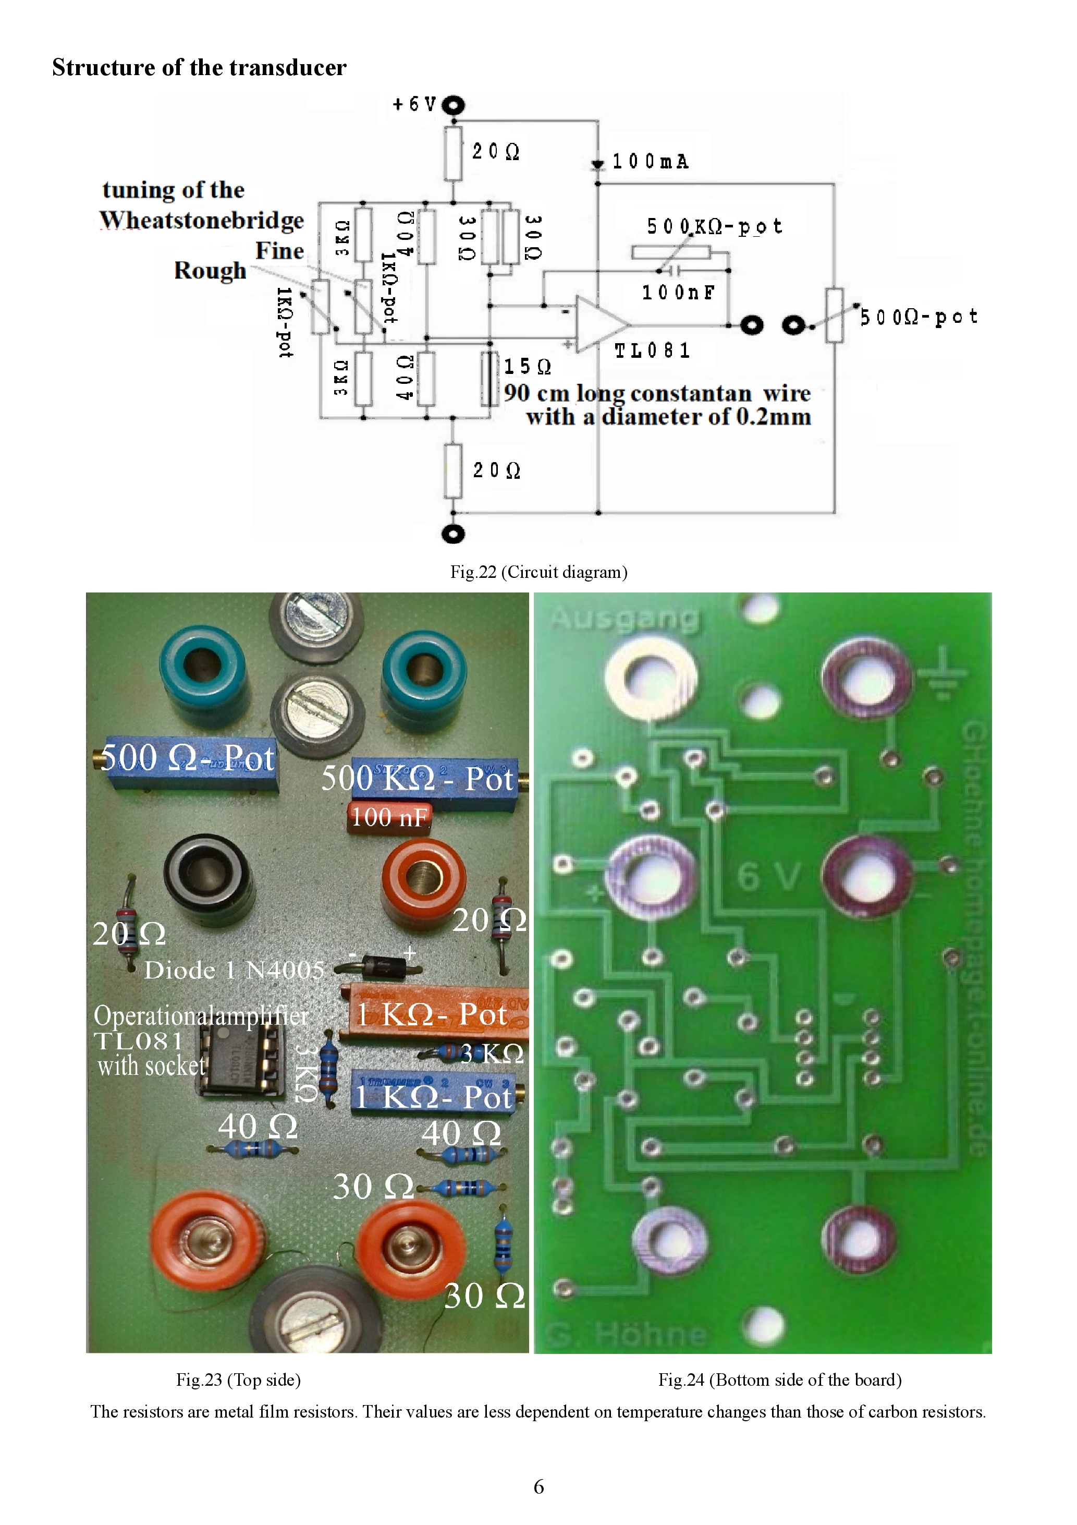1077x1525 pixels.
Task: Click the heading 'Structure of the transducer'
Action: point(199,68)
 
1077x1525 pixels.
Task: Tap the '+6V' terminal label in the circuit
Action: point(414,104)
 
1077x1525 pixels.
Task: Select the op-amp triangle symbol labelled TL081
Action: point(599,323)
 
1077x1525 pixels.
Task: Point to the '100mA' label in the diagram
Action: point(650,161)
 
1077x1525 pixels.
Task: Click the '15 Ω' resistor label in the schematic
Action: point(527,367)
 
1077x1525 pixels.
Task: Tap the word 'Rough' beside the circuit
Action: point(210,271)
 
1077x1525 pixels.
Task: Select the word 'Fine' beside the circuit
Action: point(279,251)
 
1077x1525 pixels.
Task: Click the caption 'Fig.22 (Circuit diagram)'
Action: point(538,572)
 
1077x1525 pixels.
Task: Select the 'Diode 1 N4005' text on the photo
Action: point(234,971)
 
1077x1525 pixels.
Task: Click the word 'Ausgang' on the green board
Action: point(624,618)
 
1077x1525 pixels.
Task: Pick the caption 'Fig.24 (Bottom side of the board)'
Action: point(779,1380)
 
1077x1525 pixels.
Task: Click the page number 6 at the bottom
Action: point(538,1486)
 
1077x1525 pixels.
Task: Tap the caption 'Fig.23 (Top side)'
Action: point(238,1380)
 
